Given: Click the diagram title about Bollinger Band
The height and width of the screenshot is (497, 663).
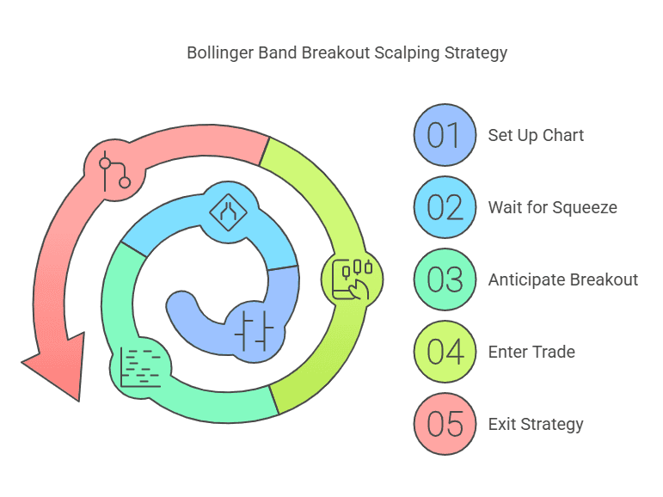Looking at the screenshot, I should click(347, 52).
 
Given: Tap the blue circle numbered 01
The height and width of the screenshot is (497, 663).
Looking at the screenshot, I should click(444, 135).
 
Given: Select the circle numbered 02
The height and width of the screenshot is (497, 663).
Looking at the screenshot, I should click(444, 207).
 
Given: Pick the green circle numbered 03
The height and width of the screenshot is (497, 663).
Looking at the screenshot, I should click(444, 279).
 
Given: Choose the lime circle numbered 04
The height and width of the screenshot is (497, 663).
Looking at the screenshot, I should click(444, 352).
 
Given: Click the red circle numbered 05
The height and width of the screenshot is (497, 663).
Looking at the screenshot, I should click(444, 424).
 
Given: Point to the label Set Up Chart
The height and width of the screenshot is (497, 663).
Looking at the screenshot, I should click(536, 135).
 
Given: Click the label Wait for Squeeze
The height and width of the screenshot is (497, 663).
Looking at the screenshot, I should click(552, 207).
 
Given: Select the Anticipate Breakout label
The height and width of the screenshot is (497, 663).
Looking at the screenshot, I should click(562, 279).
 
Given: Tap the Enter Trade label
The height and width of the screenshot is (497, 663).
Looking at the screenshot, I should click(531, 352).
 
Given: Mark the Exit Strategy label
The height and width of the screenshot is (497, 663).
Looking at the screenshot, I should click(536, 424).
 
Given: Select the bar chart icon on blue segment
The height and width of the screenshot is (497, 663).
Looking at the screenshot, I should click(254, 329).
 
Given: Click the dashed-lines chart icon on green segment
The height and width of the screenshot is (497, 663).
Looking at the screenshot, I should click(140, 367).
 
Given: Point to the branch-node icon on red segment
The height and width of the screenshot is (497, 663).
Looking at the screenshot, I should click(114, 171).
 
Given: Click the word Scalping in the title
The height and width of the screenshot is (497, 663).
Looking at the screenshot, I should click(406, 52).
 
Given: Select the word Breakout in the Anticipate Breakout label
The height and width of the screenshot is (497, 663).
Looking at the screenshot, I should click(603, 279).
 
